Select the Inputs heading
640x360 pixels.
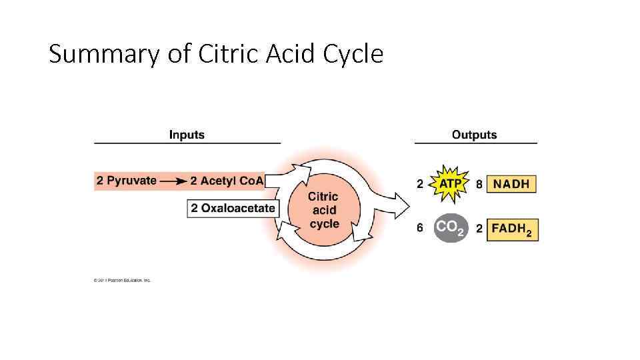(187, 135)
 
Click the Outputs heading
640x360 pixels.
(474, 135)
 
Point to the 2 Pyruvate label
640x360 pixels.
(127, 181)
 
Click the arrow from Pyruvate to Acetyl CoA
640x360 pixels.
(173, 181)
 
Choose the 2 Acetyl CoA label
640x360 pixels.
(227, 181)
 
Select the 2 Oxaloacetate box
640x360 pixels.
(233, 208)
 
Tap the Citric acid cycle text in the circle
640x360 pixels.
(323, 210)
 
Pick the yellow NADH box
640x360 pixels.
(511, 184)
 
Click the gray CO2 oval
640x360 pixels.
(451, 228)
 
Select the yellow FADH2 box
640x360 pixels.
(513, 229)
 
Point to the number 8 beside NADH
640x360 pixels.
(479, 184)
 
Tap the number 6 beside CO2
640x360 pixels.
(420, 228)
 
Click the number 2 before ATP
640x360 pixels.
(420, 184)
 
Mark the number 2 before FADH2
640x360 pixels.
(479, 229)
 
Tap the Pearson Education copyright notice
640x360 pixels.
(122, 280)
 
